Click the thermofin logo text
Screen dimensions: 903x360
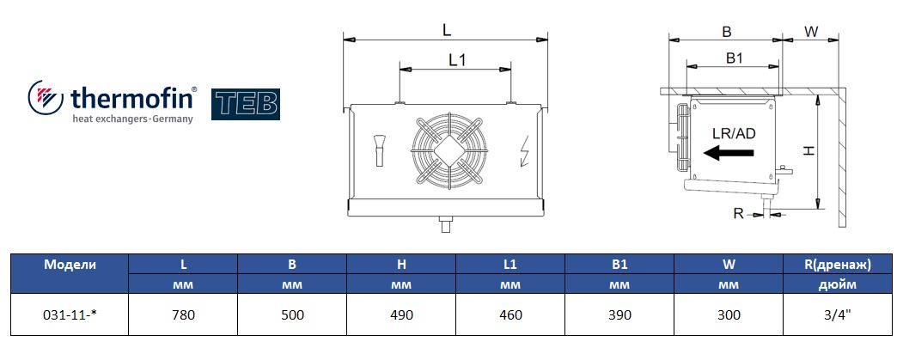pos(131,98)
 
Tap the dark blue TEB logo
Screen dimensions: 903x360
pos(246,104)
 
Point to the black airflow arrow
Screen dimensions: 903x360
pos(729,153)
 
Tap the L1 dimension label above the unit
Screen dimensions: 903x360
pos(457,59)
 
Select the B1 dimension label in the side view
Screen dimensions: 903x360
pos(734,58)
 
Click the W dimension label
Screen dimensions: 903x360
pos(811,32)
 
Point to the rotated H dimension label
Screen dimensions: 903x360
pos(809,150)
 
